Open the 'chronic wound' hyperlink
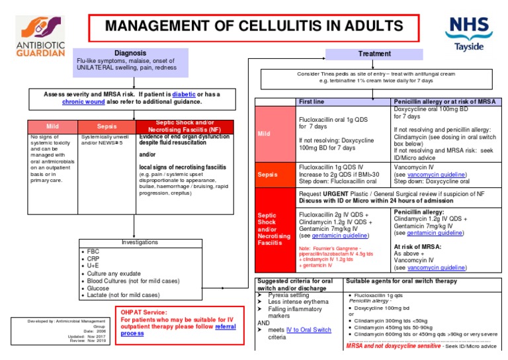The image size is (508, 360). pyautogui.click(x=85, y=103)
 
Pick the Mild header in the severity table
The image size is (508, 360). pyautogui.click(x=52, y=126)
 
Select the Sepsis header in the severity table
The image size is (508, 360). pyautogui.click(x=106, y=126)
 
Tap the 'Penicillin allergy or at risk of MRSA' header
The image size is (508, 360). pyautogui.click(x=440, y=102)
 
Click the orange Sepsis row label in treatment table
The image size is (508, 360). pyautogui.click(x=267, y=175)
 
